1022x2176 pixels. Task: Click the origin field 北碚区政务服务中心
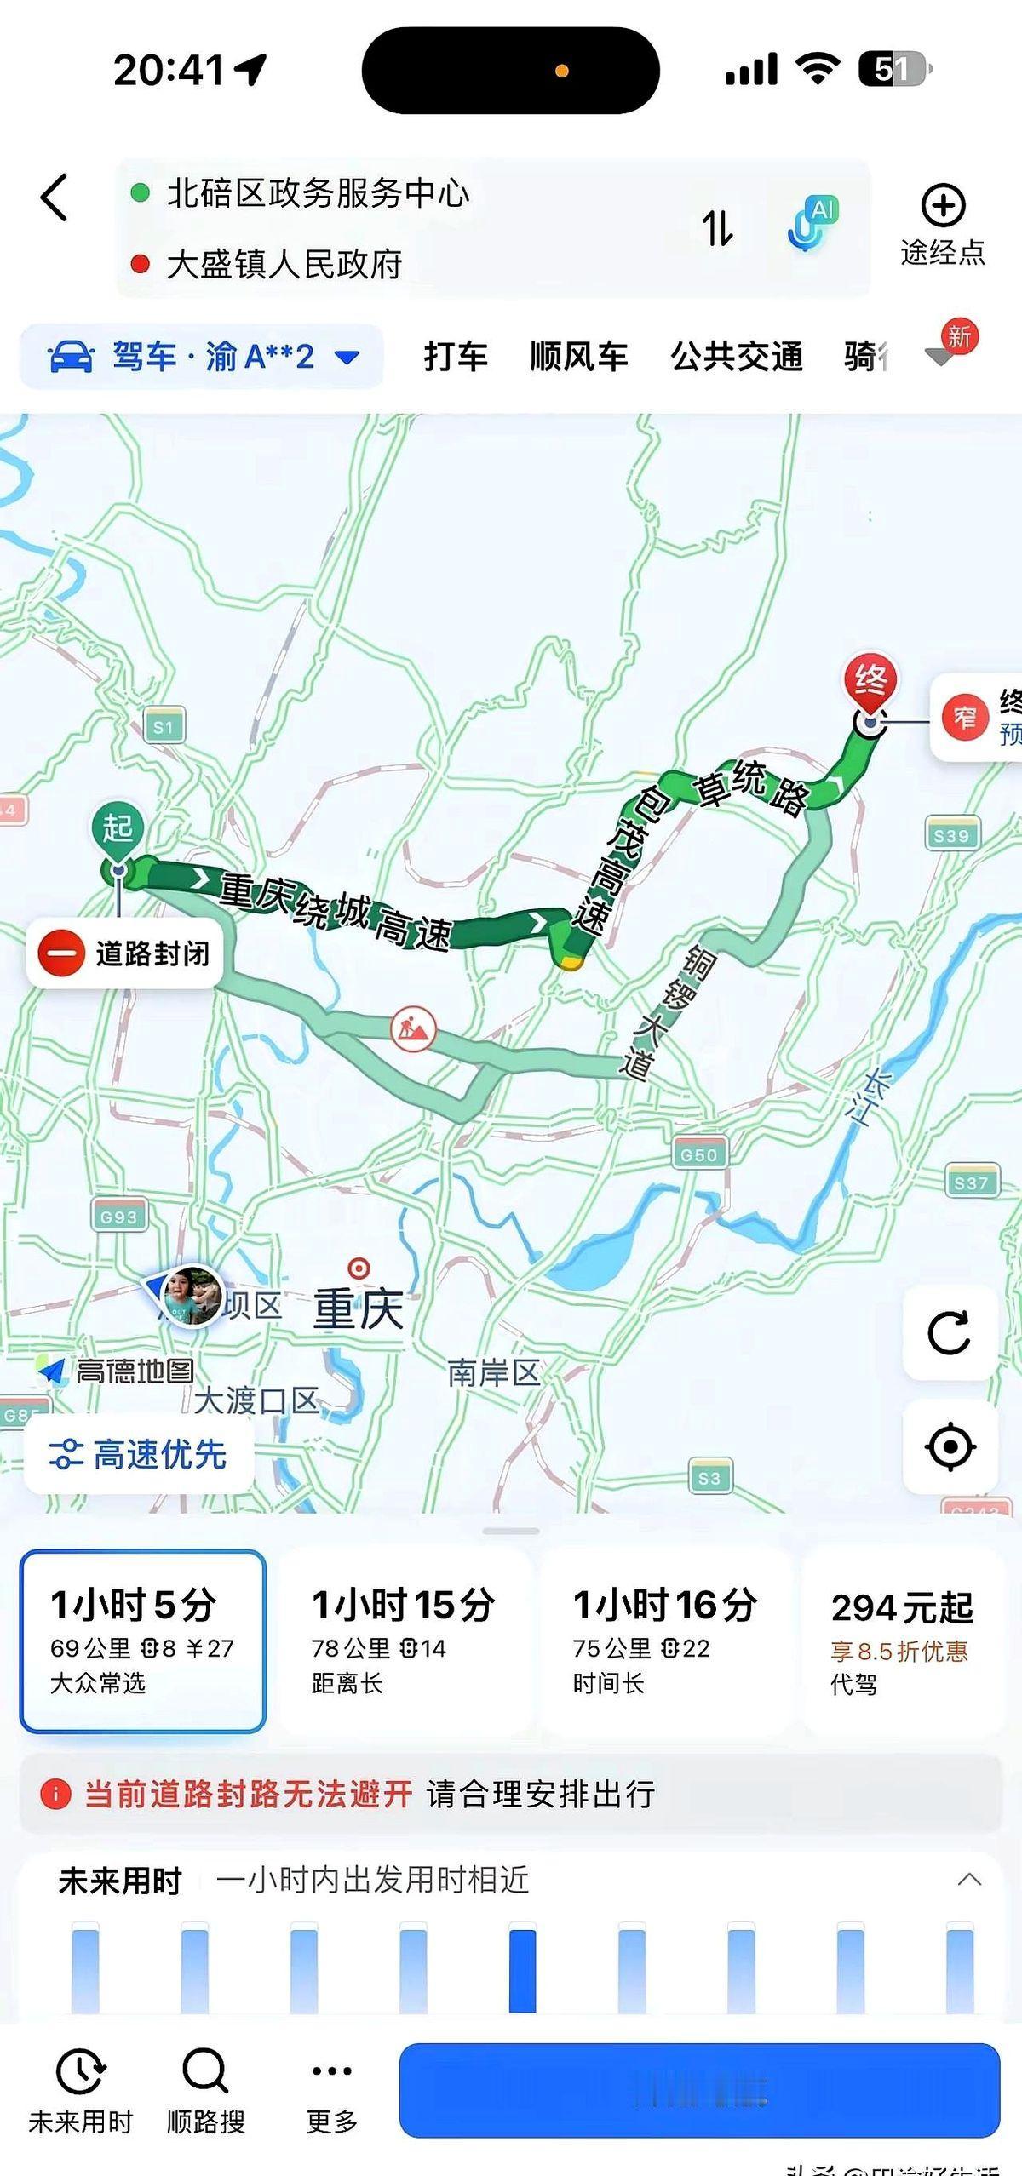point(317,193)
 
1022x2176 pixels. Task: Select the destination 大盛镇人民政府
point(284,265)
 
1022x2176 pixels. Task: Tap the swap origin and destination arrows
point(717,228)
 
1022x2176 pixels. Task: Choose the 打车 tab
point(456,357)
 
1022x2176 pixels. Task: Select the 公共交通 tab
point(737,357)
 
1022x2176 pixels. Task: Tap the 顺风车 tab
point(579,357)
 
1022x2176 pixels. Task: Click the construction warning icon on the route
point(413,1028)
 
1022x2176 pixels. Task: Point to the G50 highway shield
point(699,1155)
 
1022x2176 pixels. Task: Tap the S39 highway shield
point(951,836)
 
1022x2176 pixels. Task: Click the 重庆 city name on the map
point(358,1309)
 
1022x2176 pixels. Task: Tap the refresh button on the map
point(949,1333)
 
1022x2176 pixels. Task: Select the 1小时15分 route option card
point(404,1641)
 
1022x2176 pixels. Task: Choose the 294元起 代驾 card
point(901,1641)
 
